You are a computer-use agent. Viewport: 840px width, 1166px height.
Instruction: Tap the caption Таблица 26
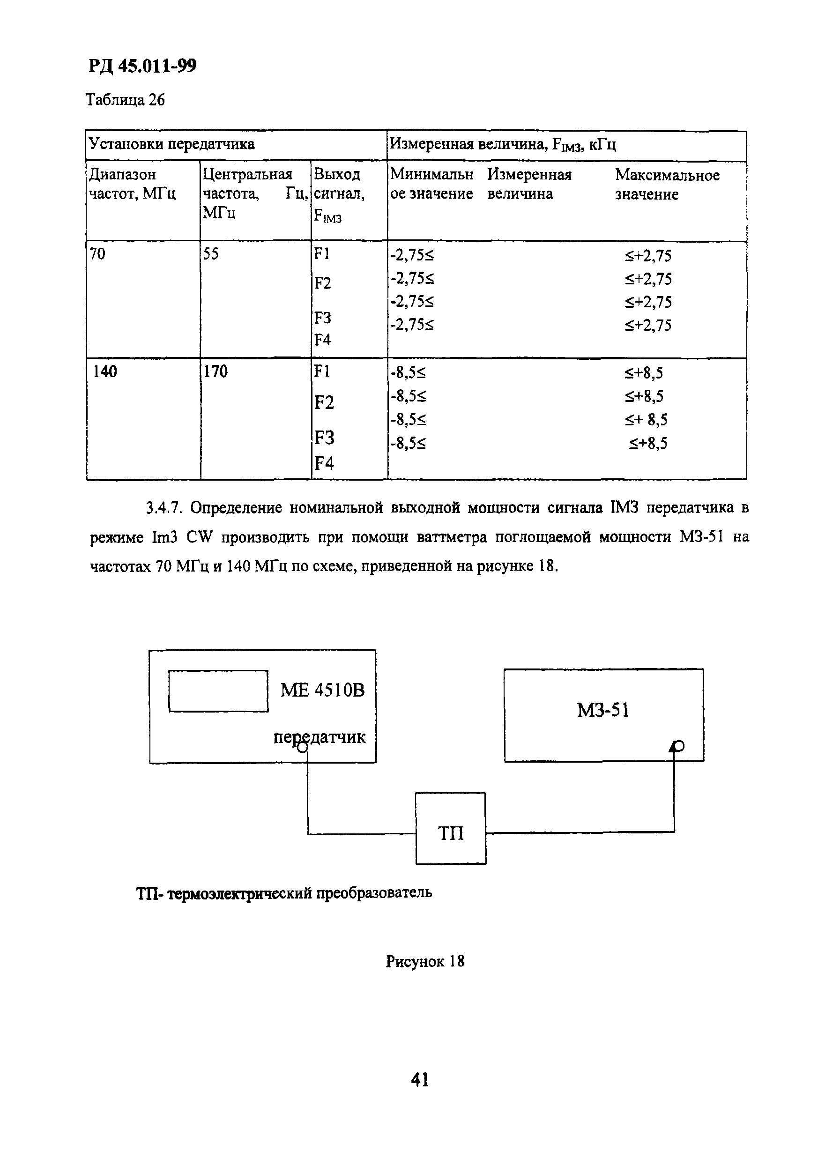pyautogui.click(x=125, y=99)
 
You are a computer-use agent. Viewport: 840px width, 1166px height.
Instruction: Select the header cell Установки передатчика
pyautogui.click(x=172, y=144)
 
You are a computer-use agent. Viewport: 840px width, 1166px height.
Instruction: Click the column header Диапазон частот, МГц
pyautogui.click(x=132, y=184)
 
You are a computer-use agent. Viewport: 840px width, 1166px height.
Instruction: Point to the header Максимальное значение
pyautogui.click(x=667, y=185)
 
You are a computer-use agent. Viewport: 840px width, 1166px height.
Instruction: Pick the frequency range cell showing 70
pyautogui.click(x=97, y=254)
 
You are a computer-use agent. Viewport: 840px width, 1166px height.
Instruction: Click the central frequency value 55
pyautogui.click(x=210, y=254)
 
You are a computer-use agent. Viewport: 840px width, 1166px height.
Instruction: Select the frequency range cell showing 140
pyautogui.click(x=105, y=371)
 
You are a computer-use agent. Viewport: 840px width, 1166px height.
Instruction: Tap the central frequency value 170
pyautogui.click(x=216, y=371)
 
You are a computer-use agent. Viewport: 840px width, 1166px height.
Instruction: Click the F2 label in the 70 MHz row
pyautogui.click(x=322, y=283)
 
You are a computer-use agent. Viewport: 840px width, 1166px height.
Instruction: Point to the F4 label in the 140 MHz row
pyautogui.click(x=324, y=464)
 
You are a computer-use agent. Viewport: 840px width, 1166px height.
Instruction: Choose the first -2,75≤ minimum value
pyautogui.click(x=412, y=255)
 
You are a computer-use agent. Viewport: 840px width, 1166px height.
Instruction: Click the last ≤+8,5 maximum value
pyautogui.click(x=648, y=443)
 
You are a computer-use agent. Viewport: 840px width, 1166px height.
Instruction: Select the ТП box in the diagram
pyautogui.click(x=450, y=833)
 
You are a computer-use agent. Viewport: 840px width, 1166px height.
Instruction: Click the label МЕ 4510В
pyautogui.click(x=322, y=690)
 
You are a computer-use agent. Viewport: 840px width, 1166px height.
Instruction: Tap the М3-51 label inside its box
pyautogui.click(x=603, y=711)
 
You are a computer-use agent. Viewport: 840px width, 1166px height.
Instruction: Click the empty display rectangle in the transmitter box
pyautogui.click(x=218, y=691)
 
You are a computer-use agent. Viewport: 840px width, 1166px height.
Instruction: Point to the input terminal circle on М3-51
pyautogui.click(x=678, y=746)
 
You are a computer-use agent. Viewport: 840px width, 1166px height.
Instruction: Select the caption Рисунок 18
pyautogui.click(x=424, y=961)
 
